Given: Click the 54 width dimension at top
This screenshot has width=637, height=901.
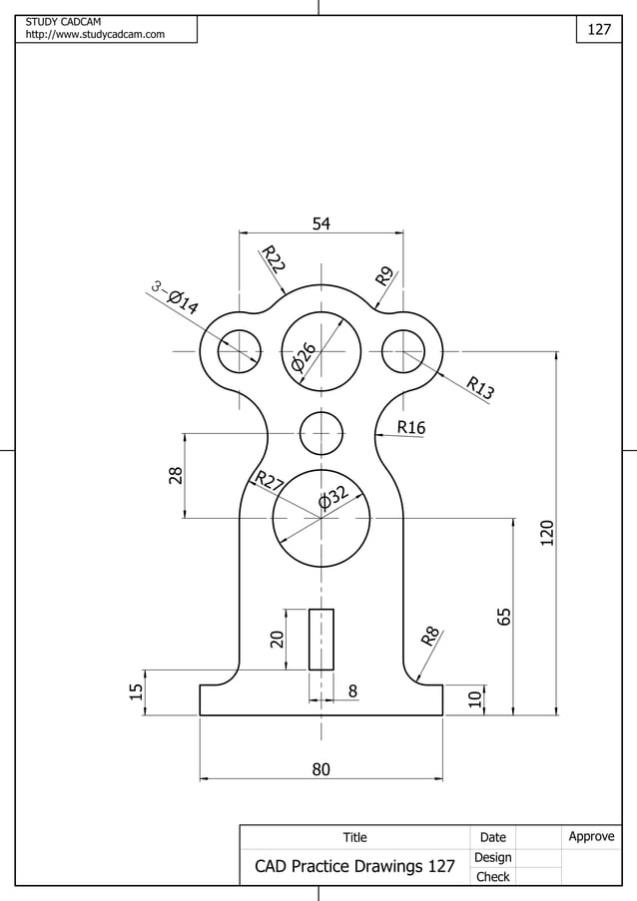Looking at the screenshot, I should (320, 224).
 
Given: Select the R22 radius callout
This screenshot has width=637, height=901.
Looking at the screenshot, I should (273, 259).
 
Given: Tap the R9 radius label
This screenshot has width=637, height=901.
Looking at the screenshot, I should (384, 276).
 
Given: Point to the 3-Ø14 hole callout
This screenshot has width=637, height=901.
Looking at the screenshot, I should (176, 298).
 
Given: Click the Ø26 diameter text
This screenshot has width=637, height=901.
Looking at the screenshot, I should (305, 357).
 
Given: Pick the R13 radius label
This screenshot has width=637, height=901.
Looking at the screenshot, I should (480, 387).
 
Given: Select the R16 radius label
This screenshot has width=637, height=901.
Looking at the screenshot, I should (410, 427).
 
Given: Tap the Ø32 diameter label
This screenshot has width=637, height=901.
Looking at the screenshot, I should (333, 495).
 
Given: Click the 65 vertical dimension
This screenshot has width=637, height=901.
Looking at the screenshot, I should (504, 617).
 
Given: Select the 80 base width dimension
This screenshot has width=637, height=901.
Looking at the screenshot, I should (320, 769).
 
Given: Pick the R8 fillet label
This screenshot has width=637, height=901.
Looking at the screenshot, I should (430, 636).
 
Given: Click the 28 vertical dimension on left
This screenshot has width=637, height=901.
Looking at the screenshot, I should (176, 475).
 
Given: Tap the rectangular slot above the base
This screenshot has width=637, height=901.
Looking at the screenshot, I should (320, 639).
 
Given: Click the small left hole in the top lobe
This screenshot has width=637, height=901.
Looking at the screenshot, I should (239, 351).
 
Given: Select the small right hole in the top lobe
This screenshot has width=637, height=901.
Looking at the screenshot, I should (402, 351).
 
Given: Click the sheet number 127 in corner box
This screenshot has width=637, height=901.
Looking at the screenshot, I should (598, 30).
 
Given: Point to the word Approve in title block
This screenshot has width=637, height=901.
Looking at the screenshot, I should (591, 836).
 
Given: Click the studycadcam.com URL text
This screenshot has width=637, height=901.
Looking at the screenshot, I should (95, 35).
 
